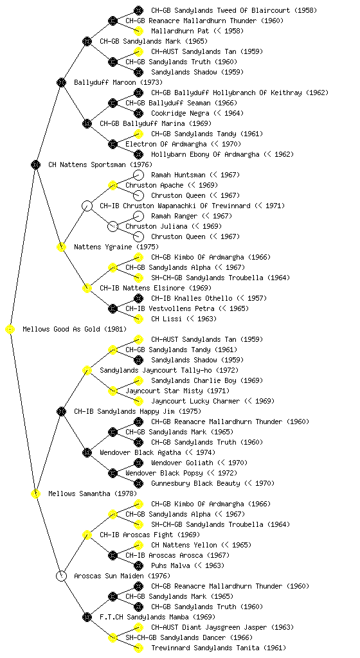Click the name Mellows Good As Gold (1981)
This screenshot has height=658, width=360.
[x=75, y=329]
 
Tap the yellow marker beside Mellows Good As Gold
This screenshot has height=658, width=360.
[x=10, y=329]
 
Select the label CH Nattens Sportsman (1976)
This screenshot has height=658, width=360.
[x=100, y=164]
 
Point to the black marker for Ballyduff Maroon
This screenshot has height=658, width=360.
[x=61, y=82]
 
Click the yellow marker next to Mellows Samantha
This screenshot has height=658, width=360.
[x=35, y=493]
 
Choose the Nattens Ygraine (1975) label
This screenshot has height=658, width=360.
[x=116, y=247]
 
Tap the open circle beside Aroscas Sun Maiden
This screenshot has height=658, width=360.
[x=61, y=576]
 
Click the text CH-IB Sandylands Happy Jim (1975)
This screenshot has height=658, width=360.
[x=138, y=411]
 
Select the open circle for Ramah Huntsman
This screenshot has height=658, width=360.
[x=138, y=175]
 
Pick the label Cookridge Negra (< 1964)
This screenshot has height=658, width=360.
[x=197, y=113]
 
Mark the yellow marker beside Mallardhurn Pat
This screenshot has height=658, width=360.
[x=138, y=31]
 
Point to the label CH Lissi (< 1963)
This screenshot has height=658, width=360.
[x=184, y=319]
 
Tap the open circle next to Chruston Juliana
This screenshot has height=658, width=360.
[x=113, y=226]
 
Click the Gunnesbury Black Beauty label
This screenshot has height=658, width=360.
[x=195, y=483]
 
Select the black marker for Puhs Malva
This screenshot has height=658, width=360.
[x=138, y=565]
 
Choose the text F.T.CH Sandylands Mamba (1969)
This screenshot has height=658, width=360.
[x=157, y=617]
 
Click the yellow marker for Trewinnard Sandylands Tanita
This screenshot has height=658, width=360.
[x=138, y=648]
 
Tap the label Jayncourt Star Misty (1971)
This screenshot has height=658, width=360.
[x=177, y=391]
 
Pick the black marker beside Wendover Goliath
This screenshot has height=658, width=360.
[x=138, y=463]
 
